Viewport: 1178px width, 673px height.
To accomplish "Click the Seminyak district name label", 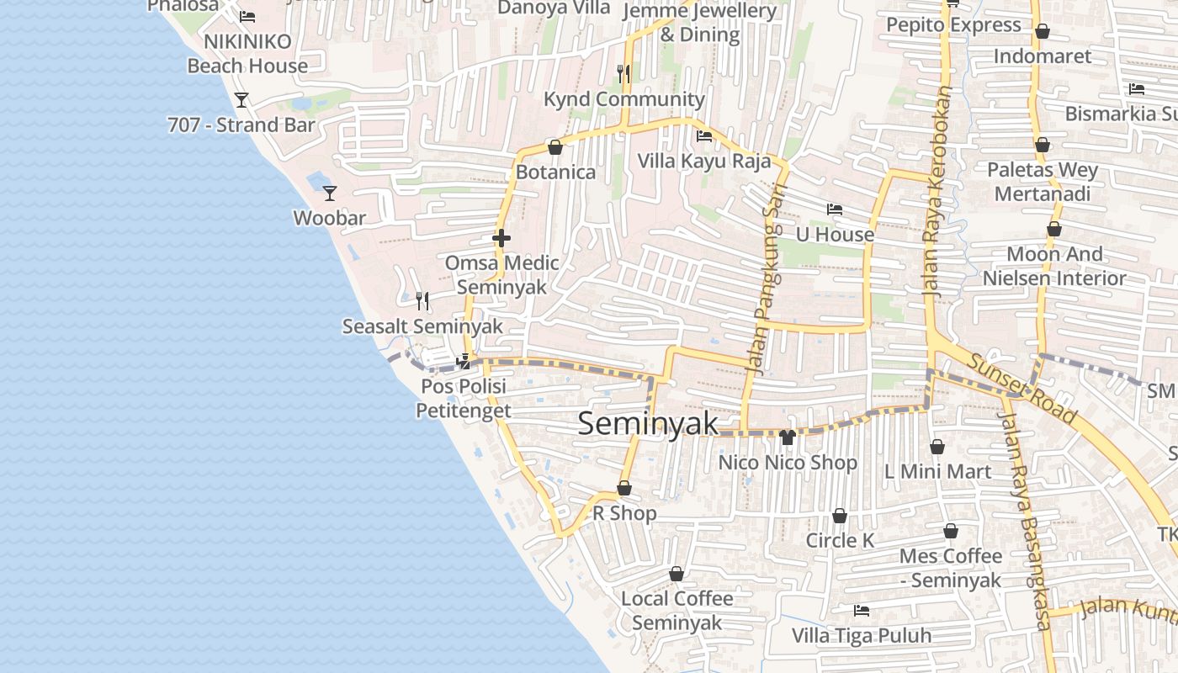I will coord(648,423).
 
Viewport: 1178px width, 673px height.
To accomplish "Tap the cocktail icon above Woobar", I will coord(330,193).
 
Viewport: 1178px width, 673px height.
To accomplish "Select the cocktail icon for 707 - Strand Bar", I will coord(241,100).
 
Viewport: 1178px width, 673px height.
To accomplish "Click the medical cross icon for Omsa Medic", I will coord(501,238).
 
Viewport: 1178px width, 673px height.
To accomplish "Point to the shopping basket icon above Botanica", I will coord(555,147).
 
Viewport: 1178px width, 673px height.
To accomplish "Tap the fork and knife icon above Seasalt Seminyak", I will coord(422,300).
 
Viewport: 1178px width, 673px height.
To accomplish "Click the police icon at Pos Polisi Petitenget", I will coord(463,362).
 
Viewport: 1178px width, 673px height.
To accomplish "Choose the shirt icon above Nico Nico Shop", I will coord(788,437).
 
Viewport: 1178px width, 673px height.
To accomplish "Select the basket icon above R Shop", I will coord(624,488).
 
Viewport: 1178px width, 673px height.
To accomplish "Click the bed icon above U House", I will coord(835,209).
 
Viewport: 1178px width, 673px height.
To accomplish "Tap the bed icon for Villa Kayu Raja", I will coord(704,135).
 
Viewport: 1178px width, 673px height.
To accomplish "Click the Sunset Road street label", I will coord(1022,388).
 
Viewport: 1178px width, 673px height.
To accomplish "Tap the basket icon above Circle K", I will coord(839,516).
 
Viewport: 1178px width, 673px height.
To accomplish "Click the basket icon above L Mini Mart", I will coord(937,447).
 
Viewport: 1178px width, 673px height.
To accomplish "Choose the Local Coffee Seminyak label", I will coord(677,610).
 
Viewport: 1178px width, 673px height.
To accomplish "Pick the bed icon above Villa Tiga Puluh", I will coord(861,610).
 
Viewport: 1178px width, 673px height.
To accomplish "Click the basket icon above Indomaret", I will coord(1043,32).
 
